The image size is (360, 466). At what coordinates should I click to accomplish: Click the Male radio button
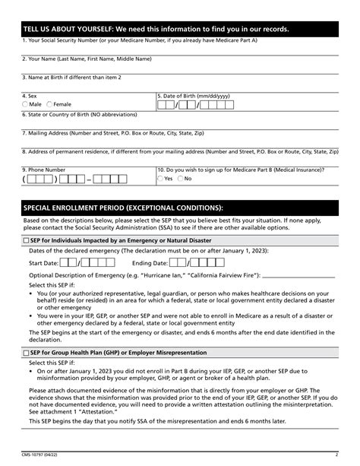click(x=25, y=104)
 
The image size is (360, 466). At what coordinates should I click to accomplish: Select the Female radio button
click(x=50, y=104)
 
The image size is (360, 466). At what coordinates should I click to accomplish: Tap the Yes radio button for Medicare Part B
click(x=160, y=179)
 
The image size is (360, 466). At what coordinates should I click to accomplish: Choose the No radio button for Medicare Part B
click(x=180, y=179)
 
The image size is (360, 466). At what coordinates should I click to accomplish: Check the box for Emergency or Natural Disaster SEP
click(x=26, y=239)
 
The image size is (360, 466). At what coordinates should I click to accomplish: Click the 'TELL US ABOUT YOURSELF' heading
click(x=156, y=29)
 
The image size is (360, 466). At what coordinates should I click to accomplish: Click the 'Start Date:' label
click(x=43, y=262)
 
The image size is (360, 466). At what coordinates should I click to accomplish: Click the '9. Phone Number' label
click(x=44, y=170)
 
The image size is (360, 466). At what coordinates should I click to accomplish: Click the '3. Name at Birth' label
click(x=71, y=77)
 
